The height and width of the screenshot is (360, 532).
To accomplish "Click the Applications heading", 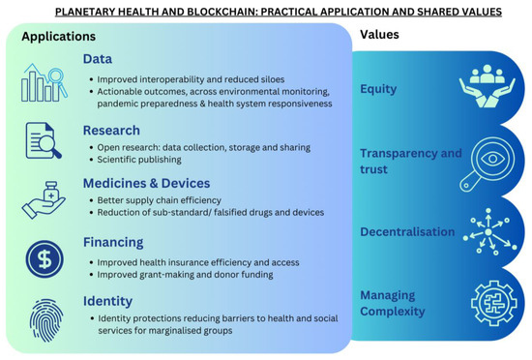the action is click(x=58, y=37).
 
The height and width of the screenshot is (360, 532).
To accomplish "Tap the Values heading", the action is click(x=379, y=34).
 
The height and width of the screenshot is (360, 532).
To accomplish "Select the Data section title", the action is click(x=98, y=59).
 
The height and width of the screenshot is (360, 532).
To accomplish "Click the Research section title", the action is click(x=111, y=131).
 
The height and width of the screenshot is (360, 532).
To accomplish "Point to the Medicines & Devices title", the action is click(x=147, y=183).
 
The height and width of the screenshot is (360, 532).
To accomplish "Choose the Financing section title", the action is click(x=113, y=242).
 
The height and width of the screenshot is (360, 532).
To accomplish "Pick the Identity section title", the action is click(x=108, y=301).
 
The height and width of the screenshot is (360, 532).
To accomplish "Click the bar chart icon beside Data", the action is click(x=44, y=82).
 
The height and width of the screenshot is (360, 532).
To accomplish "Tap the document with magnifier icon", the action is click(x=44, y=140).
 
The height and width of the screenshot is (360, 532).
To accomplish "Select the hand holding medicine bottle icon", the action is click(x=44, y=200).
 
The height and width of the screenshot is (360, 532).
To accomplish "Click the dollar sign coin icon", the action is click(x=44, y=259).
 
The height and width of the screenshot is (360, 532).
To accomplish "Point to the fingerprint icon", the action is click(x=45, y=320).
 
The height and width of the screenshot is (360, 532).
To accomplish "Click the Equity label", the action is click(x=378, y=89).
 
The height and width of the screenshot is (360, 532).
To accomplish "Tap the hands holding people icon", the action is click(x=488, y=86).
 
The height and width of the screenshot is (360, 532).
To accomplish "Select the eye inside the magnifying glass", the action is click(x=492, y=159).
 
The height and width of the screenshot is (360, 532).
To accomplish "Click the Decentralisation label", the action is click(x=407, y=231).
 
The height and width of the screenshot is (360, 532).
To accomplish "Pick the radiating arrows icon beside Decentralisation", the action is click(x=489, y=231).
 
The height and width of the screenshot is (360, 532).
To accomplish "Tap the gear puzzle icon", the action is click(x=494, y=303).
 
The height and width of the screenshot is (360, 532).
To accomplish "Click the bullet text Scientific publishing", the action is click(x=139, y=160).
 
